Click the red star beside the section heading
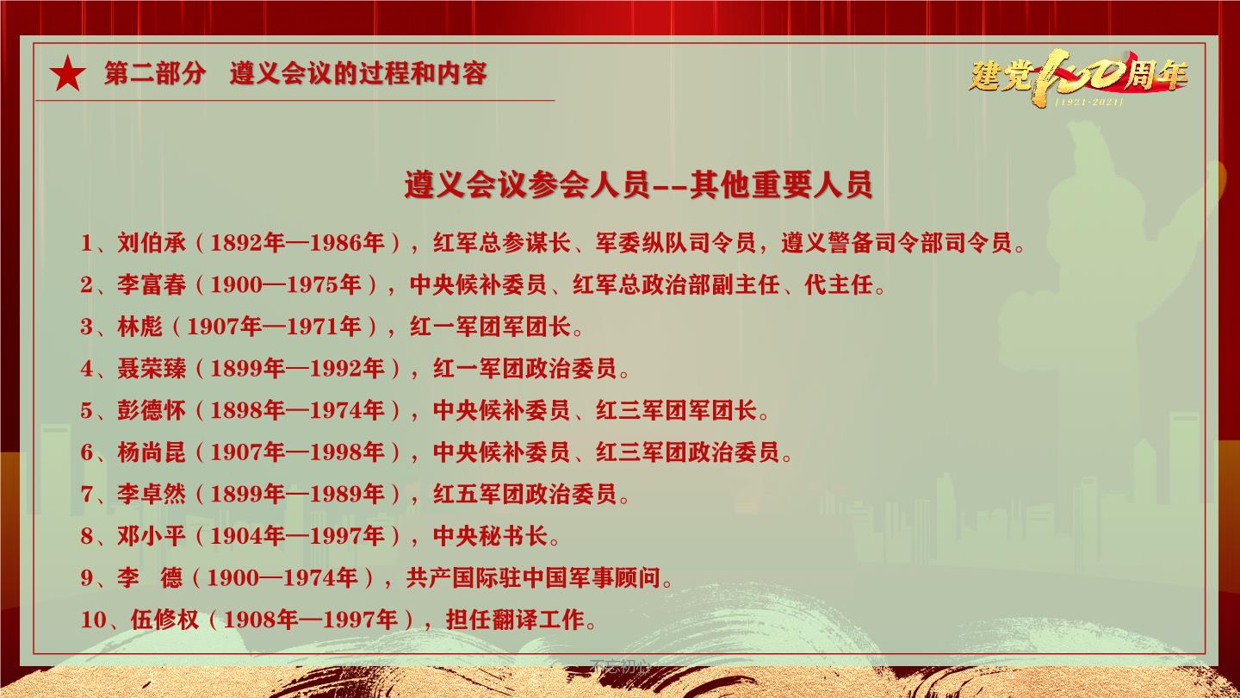[x=67, y=73]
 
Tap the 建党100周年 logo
[x=1078, y=78]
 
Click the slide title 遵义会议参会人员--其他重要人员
[x=638, y=184]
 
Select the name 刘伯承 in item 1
[x=152, y=243]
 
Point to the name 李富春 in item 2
[x=152, y=284]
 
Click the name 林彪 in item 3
[x=139, y=327]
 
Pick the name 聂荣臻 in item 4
[x=152, y=369]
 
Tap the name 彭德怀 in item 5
[x=152, y=410]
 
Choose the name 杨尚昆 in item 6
[x=152, y=452]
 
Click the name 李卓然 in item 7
[x=152, y=494]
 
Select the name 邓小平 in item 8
[x=152, y=536]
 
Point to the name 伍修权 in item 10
[x=164, y=620]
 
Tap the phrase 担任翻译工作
[x=515, y=620]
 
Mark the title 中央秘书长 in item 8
[x=491, y=536]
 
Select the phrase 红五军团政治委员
[x=524, y=494]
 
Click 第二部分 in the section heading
[x=155, y=73]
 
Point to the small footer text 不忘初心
[x=620, y=666]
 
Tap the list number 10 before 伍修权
[x=93, y=620]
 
